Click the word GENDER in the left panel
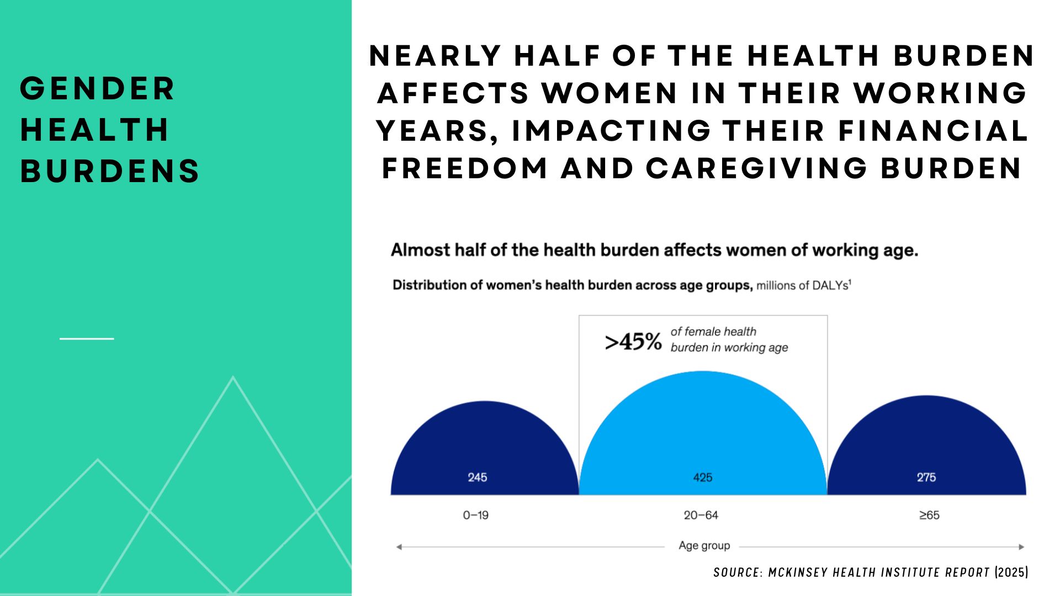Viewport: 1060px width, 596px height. pyautogui.click(x=97, y=89)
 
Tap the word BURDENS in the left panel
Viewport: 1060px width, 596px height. pyautogui.click(x=110, y=171)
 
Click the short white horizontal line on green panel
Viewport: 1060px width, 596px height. pyautogui.click(x=87, y=338)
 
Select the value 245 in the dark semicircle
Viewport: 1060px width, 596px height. pyautogui.click(x=478, y=477)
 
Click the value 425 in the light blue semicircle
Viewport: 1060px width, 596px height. pyautogui.click(x=703, y=477)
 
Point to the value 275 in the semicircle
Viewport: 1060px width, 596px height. pyautogui.click(x=926, y=477)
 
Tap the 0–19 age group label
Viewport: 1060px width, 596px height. pyautogui.click(x=476, y=515)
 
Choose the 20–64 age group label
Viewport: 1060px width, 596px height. pyautogui.click(x=701, y=515)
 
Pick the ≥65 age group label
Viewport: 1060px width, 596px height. pyautogui.click(x=929, y=515)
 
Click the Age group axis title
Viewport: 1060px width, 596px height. pyautogui.click(x=704, y=546)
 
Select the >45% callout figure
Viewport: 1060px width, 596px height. pyautogui.click(x=633, y=342)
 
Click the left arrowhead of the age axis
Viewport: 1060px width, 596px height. pyautogui.click(x=399, y=547)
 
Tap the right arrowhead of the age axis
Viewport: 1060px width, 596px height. pyautogui.click(x=1021, y=547)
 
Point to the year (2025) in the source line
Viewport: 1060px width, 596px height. pyautogui.click(x=1011, y=572)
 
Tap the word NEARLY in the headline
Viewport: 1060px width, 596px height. pyautogui.click(x=435, y=56)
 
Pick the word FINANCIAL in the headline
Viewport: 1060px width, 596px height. pyautogui.click(x=934, y=131)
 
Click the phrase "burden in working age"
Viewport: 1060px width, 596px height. pyautogui.click(x=729, y=348)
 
